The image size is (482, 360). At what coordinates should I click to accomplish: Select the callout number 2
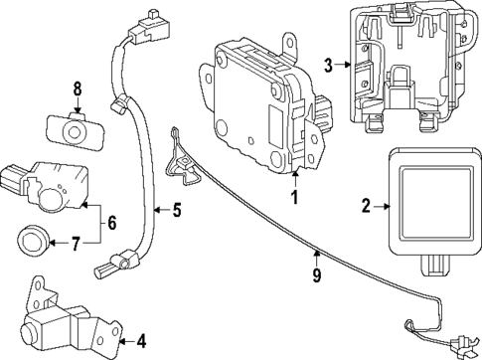[x=366, y=205]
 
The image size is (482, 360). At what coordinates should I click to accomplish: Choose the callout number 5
[x=176, y=210]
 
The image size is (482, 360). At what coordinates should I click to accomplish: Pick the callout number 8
[x=76, y=91]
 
